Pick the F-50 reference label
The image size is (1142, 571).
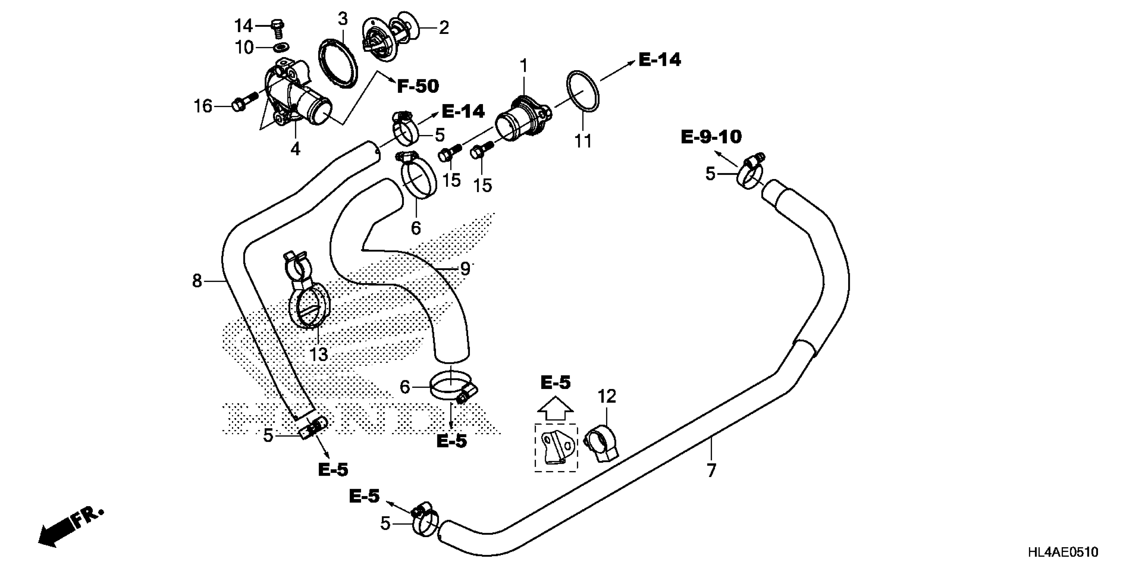pos(418,86)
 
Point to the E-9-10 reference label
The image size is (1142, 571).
pos(711,137)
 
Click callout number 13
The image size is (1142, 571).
pos(318,354)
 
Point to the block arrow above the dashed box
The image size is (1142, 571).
pos(556,408)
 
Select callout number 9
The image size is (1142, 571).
pos(465,269)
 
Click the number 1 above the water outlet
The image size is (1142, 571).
pos(524,66)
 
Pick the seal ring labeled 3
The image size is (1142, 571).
pos(338,64)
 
